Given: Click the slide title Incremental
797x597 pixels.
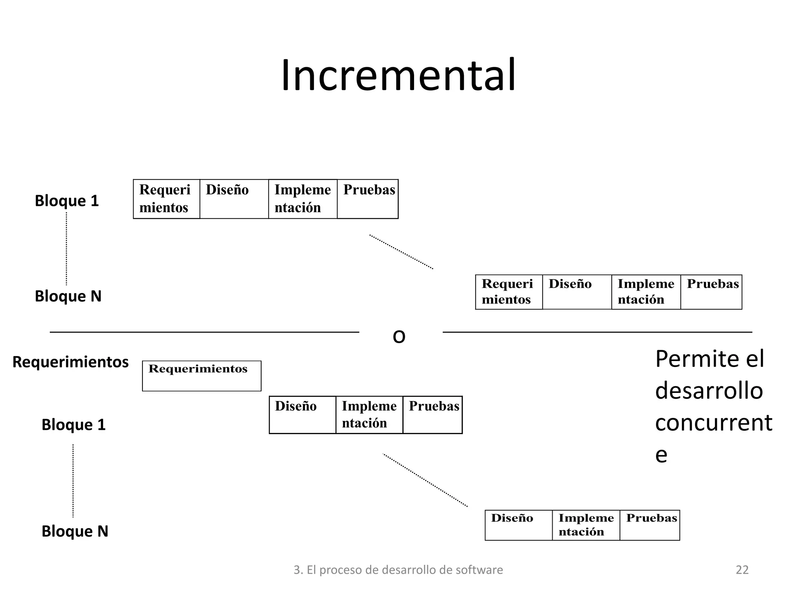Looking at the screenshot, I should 398,75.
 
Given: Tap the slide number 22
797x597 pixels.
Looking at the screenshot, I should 742,570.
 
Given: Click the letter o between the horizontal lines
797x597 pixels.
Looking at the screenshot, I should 399,336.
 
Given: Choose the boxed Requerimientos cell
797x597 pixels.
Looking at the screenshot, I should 202,376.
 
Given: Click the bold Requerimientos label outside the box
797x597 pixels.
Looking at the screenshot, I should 70,362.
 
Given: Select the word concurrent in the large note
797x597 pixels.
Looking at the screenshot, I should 713,423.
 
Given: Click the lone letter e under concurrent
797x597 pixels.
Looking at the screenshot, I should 661,455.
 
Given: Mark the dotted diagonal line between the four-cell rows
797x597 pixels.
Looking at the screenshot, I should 401,252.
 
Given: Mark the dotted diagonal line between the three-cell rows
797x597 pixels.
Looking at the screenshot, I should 425,480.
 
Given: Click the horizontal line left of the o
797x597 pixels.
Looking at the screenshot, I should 204,332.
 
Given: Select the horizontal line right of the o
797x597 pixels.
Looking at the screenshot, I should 597,332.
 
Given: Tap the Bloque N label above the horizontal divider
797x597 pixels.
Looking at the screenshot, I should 68,296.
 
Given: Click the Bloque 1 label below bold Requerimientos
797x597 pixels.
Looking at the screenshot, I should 74,425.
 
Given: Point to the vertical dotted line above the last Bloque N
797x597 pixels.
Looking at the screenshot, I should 73,481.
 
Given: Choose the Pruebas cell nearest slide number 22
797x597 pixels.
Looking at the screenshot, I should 650,525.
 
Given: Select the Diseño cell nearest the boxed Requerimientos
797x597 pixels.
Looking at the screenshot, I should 302,415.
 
